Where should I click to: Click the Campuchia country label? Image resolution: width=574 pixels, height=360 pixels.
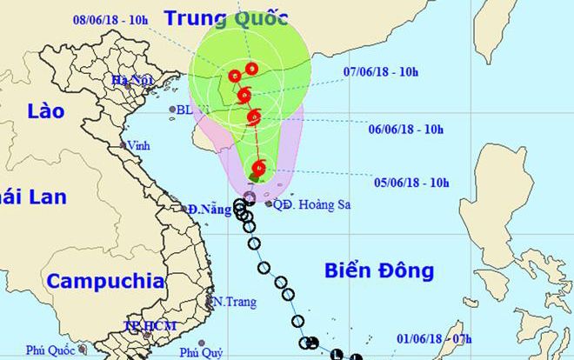(x=105, y=281)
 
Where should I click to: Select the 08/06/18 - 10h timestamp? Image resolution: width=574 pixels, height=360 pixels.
(x=112, y=17)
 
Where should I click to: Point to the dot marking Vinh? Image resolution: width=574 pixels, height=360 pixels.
(x=123, y=146)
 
